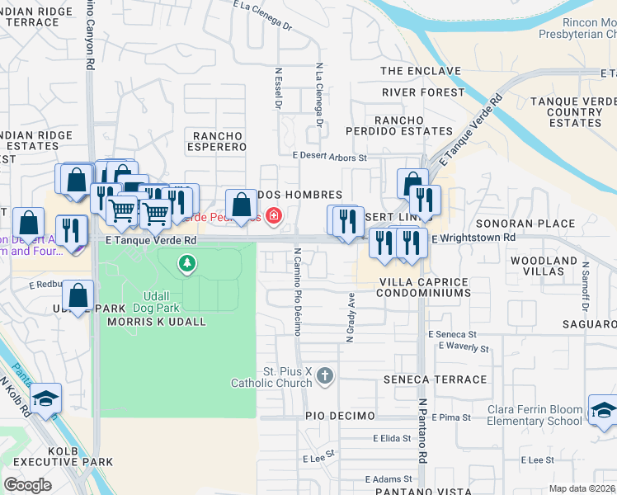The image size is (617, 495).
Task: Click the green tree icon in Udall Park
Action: click(x=188, y=264)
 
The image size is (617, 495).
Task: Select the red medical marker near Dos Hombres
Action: click(x=273, y=217)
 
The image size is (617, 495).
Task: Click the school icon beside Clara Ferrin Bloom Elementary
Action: click(x=603, y=409)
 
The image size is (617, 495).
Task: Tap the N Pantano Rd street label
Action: click(x=422, y=431)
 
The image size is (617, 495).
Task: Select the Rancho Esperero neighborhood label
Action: click(x=219, y=141)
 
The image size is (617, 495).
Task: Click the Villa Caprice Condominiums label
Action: click(x=424, y=287)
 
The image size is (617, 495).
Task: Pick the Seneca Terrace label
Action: click(x=435, y=379)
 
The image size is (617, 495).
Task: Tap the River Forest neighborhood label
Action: click(x=423, y=92)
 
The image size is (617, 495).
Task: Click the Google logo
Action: click(x=27, y=484)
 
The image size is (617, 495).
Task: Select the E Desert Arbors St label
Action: click(x=329, y=157)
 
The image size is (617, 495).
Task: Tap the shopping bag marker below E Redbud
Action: click(x=78, y=295)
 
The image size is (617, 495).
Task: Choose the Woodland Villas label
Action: click(x=544, y=266)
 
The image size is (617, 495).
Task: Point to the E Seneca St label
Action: click(x=452, y=334)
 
